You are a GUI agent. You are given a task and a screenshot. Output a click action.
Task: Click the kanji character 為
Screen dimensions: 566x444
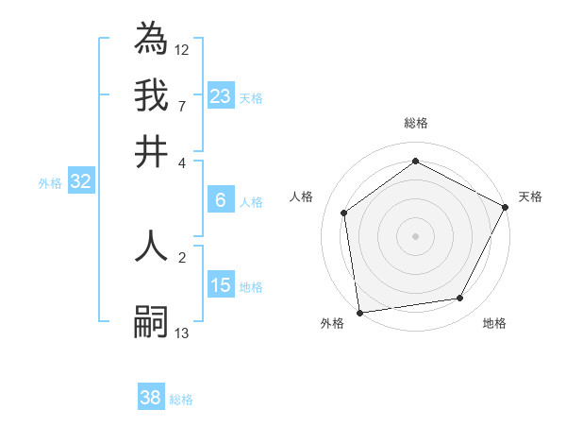pos(151,39)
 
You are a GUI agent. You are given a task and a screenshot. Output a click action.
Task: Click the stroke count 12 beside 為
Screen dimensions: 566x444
pos(182,49)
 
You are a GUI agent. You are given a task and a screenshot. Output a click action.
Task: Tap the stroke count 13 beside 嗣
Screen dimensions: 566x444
pos(182,333)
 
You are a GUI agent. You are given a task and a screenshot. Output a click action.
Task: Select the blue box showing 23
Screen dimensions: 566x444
pos(220,95)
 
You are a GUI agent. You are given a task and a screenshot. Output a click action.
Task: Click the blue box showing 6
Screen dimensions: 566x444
pos(220,199)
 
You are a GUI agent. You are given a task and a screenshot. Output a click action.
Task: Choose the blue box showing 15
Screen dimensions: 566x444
pos(220,284)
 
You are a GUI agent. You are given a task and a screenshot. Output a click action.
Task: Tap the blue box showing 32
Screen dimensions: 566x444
pos(80,182)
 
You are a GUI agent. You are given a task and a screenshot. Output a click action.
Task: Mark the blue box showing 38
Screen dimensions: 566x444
pos(151,398)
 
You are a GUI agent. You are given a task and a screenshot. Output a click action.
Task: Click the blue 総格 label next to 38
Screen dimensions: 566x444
pos(181,400)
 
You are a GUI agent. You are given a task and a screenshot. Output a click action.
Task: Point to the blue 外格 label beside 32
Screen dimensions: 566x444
pos(50,183)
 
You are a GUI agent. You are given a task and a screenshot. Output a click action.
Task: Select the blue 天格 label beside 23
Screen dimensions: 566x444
pos(251,97)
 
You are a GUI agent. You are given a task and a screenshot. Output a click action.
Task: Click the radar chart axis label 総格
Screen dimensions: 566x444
pos(416,123)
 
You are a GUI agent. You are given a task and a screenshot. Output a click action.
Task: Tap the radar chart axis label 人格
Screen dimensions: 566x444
pos(302,196)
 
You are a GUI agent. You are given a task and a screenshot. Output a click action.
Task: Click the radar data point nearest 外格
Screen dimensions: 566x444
pos(359,312)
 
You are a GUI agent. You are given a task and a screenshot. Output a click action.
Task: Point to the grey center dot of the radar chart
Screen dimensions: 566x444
pos(415,234)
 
